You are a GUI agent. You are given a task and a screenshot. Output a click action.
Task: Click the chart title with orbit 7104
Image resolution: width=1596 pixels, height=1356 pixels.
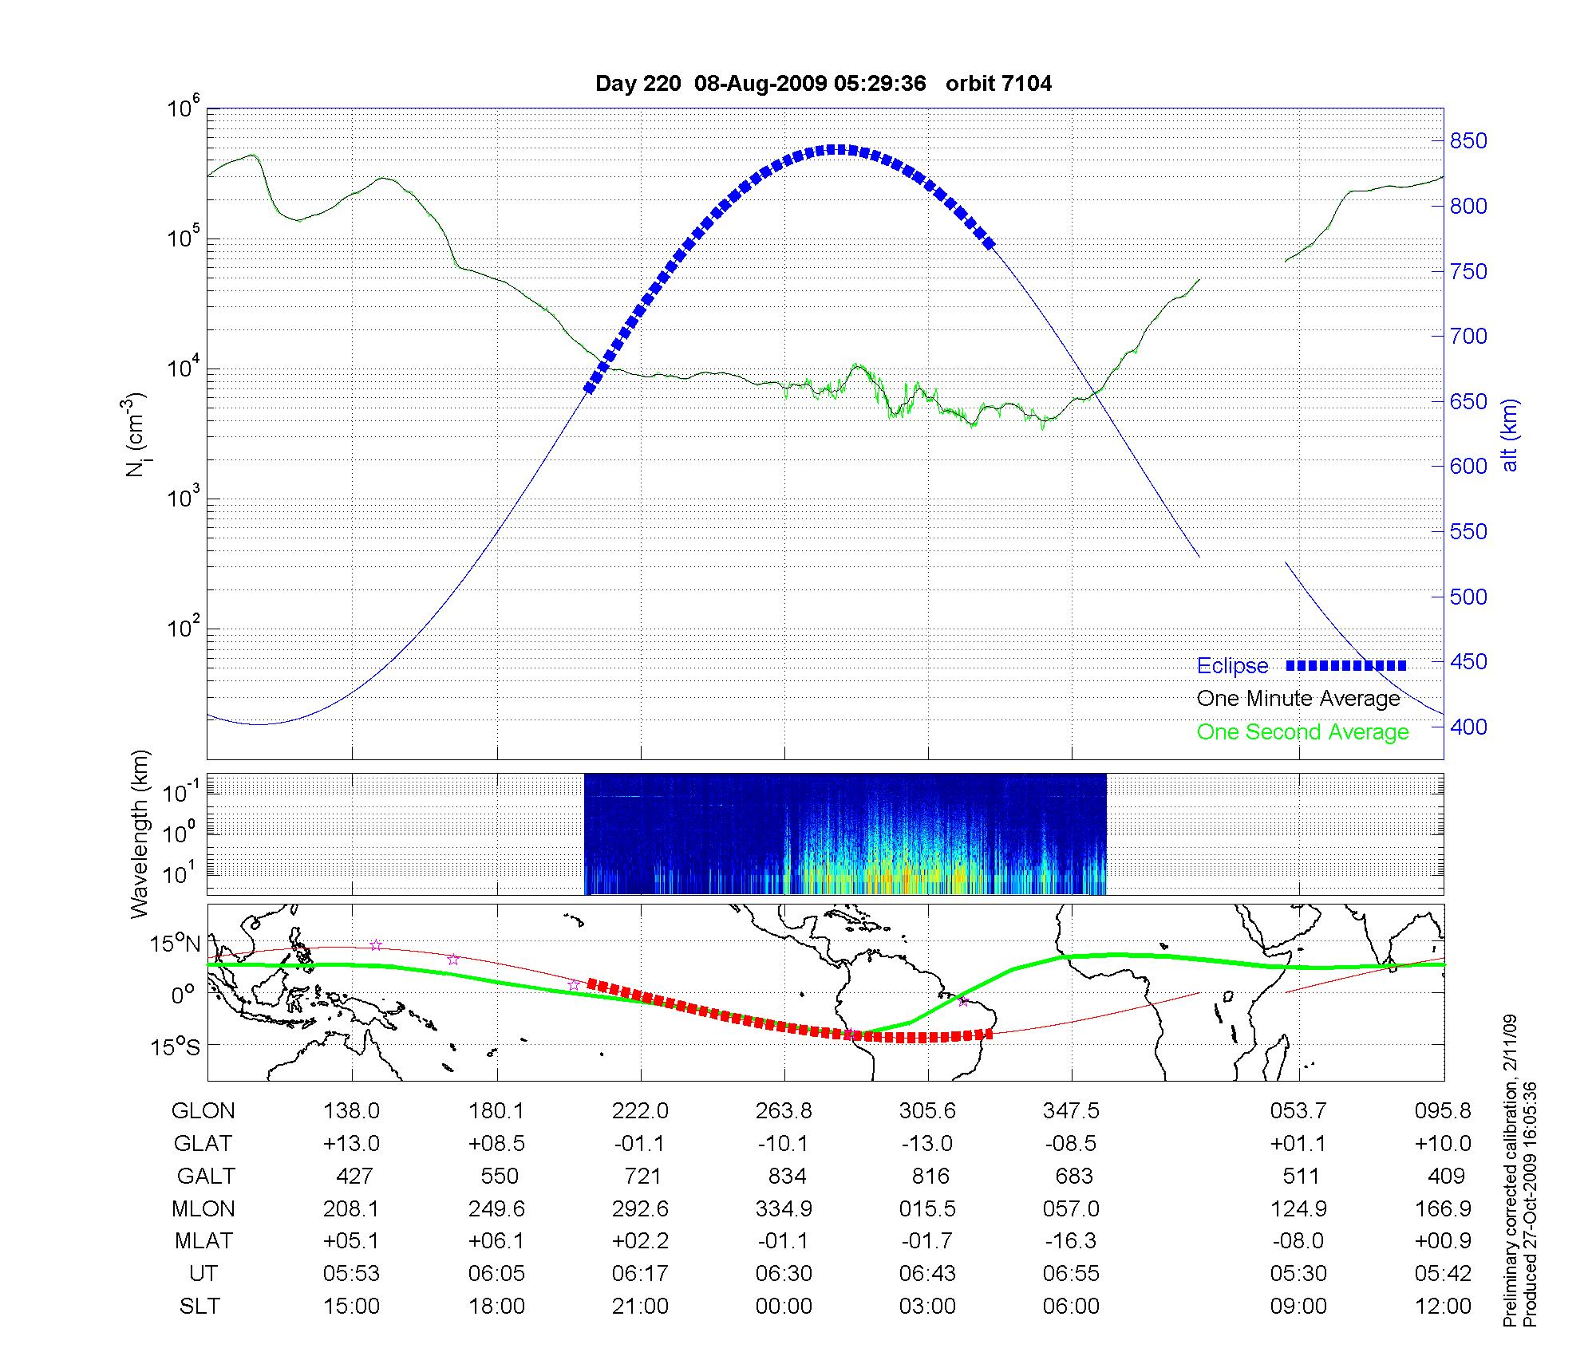(x=824, y=83)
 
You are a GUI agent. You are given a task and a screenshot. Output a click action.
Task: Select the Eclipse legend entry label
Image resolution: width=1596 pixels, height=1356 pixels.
(x=1232, y=666)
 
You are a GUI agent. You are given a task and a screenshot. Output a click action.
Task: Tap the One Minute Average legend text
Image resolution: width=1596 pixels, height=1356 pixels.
(x=1298, y=699)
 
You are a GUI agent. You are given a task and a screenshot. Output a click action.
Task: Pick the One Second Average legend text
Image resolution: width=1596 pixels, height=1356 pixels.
(x=1302, y=732)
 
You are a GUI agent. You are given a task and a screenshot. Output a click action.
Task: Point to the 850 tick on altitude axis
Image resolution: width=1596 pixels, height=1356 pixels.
(x=1468, y=141)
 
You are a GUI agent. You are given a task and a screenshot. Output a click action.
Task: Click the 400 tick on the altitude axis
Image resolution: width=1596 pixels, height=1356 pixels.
(x=1468, y=727)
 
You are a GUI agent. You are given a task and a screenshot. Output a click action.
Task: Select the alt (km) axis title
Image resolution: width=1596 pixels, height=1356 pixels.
(x=1510, y=435)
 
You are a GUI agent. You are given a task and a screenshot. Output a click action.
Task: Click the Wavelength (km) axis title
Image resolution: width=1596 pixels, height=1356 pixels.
(x=140, y=834)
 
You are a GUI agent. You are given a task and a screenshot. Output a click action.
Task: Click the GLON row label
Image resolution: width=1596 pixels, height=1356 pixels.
(x=203, y=1111)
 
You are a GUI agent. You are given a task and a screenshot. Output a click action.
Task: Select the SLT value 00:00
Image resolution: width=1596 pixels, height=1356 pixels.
(x=784, y=1307)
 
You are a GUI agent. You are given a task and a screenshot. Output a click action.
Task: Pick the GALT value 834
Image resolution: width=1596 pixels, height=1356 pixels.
(x=784, y=1177)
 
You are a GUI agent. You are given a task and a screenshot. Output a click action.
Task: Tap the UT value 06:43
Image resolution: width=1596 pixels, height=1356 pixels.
(x=927, y=1274)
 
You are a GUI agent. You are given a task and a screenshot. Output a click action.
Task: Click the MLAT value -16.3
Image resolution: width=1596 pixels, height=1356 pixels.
(x=1071, y=1241)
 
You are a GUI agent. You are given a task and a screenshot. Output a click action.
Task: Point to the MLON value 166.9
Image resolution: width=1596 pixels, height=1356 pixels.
(x=1443, y=1208)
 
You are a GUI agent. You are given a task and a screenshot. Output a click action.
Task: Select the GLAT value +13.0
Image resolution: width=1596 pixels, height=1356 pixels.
(x=351, y=1144)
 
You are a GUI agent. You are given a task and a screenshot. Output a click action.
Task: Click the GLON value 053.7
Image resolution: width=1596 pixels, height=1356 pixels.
(x=1299, y=1111)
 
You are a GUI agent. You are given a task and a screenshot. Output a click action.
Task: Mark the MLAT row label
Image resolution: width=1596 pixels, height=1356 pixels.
(x=203, y=1241)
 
